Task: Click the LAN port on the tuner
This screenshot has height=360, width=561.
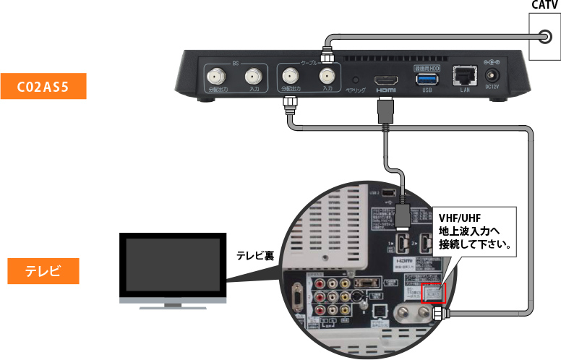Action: click(463, 75)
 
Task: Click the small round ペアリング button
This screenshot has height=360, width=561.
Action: click(354, 78)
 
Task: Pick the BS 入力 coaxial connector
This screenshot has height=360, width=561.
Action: click(253, 76)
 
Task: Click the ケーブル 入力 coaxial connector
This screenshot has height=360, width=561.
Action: click(327, 76)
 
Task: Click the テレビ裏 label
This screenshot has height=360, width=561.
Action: click(254, 255)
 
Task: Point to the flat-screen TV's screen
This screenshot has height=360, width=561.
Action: click(172, 265)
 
